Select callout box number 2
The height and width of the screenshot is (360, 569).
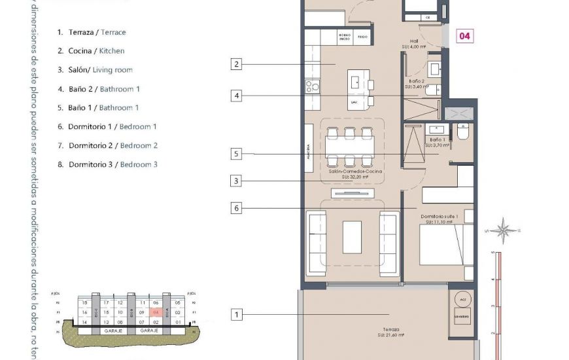(236, 64)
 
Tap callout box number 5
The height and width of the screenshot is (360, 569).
(236, 154)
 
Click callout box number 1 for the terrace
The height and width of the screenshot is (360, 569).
(236, 315)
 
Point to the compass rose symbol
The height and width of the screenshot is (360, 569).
(504, 230)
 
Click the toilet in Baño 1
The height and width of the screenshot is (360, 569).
(462, 133)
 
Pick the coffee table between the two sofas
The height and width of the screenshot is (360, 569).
(352, 237)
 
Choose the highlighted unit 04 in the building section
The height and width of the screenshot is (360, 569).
(156, 313)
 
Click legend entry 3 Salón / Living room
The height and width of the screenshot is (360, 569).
(95, 70)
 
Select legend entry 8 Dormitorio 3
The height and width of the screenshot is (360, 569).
(107, 165)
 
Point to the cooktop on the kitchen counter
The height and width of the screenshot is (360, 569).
(313, 85)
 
